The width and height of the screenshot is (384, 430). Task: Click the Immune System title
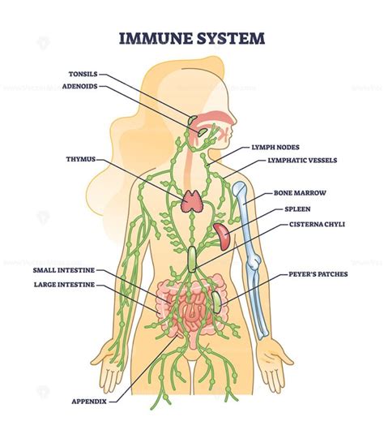191,37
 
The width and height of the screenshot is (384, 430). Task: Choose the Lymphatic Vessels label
301,161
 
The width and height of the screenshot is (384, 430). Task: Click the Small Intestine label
64,269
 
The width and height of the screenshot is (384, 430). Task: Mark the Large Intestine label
64,285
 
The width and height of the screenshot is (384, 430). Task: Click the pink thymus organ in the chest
193,200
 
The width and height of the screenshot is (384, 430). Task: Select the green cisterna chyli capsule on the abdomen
193,258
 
